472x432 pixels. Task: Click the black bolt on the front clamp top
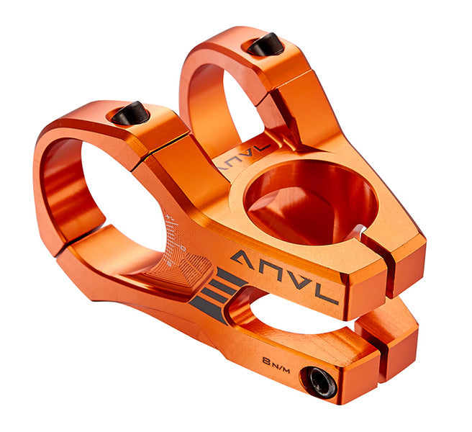click(x=131, y=113)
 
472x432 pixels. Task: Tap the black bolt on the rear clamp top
click(x=265, y=45)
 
